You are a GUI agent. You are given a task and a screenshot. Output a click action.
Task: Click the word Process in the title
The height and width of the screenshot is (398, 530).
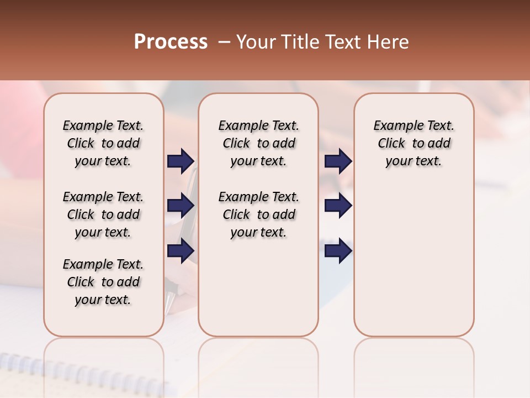(171, 42)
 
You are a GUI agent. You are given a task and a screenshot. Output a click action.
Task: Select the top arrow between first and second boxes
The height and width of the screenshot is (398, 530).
(181, 161)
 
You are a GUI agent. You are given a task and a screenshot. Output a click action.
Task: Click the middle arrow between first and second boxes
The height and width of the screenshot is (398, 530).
(181, 206)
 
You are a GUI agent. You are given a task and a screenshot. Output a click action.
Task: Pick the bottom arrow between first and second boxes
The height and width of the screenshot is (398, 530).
(181, 250)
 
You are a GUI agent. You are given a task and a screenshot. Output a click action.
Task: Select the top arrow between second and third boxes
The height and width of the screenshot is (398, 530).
(338, 161)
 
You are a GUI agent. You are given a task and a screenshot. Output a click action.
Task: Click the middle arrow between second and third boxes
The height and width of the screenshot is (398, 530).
(338, 206)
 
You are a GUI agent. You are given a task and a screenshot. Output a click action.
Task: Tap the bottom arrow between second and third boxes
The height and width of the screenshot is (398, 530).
(338, 250)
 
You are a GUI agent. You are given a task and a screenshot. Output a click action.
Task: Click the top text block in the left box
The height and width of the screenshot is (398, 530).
(103, 143)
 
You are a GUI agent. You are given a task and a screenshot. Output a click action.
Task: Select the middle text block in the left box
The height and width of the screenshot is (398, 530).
(103, 214)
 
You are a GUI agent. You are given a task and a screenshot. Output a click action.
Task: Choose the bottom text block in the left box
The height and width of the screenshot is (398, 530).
(103, 282)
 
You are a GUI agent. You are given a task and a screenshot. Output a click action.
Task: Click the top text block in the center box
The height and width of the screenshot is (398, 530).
(258, 143)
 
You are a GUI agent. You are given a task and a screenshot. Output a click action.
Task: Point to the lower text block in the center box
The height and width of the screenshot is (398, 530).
(258, 214)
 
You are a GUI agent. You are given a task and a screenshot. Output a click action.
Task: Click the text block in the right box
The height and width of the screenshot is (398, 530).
(414, 143)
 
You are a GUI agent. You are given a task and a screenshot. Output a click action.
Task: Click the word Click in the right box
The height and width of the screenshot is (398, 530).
(391, 144)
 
